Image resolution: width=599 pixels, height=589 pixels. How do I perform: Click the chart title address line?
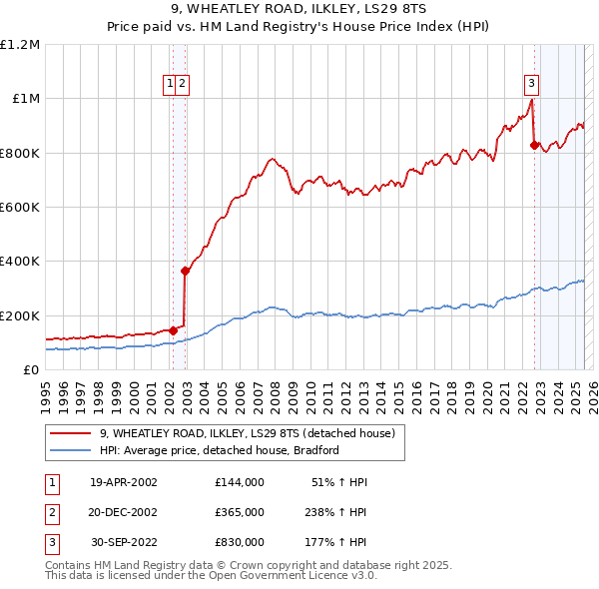coord(299,10)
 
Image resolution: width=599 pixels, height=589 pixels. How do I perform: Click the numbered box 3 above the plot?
coord(532,84)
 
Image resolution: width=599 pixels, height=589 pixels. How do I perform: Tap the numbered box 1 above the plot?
coord(171,84)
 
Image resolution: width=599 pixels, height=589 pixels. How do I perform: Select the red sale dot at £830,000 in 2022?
coord(534,145)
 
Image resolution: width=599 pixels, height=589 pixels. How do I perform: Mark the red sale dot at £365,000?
coord(185,271)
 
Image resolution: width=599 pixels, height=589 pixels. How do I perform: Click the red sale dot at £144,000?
coord(173,330)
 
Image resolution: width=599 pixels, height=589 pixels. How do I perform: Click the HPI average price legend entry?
coord(220,450)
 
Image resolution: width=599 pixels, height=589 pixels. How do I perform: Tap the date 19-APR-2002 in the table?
coord(124,482)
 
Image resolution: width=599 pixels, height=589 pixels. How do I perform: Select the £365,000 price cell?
coord(240,512)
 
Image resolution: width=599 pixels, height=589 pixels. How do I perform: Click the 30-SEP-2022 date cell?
coord(124,542)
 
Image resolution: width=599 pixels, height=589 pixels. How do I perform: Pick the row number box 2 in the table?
coord(51,512)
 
